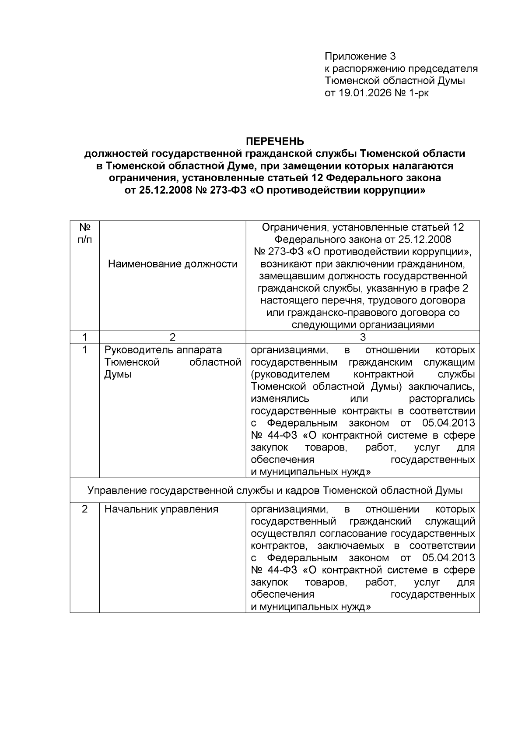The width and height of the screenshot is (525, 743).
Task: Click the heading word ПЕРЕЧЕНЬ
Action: [275, 141]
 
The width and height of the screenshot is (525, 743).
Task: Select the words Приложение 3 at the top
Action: [360, 56]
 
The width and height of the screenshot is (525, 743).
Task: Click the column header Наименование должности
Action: [172, 264]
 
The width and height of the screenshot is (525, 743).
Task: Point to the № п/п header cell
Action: [84, 234]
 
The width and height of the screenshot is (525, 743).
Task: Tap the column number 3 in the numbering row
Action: [362, 337]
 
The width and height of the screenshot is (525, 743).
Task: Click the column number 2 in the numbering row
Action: [172, 337]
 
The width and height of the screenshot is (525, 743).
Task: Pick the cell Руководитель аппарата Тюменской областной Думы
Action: [172, 362]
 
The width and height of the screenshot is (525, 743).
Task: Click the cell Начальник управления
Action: [161, 509]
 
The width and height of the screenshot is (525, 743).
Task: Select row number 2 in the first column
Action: [84, 509]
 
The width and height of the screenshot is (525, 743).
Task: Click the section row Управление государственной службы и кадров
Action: [275, 490]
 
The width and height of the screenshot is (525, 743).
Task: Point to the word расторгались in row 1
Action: [441, 399]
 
